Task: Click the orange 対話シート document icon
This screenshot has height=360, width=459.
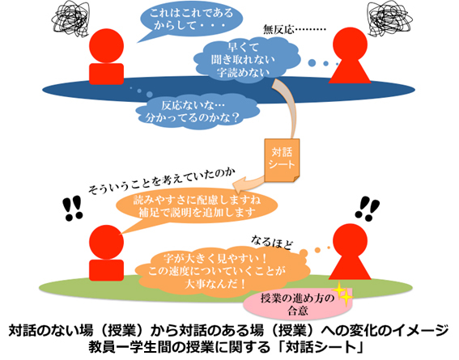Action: click(x=282, y=160)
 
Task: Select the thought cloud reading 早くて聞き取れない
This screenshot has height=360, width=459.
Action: click(x=246, y=59)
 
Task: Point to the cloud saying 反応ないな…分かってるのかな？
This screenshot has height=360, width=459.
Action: click(x=197, y=112)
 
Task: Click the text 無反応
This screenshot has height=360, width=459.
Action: click(x=278, y=30)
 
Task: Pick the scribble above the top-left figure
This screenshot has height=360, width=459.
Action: click(x=70, y=19)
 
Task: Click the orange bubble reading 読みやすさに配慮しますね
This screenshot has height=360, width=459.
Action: click(x=197, y=206)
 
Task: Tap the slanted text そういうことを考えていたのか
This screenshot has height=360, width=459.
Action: click(x=162, y=180)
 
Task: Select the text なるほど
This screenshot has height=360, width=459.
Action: click(x=271, y=243)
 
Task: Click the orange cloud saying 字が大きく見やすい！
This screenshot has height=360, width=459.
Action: click(x=223, y=272)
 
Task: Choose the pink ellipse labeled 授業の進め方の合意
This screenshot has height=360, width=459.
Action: click(x=298, y=304)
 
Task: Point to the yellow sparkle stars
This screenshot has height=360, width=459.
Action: click(x=343, y=294)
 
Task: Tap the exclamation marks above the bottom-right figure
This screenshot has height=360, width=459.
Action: click(x=368, y=209)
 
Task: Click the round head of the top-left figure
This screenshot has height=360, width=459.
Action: click(x=106, y=45)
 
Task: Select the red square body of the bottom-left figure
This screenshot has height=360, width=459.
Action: click(x=106, y=270)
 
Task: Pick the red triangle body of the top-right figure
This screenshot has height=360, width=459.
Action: click(x=350, y=71)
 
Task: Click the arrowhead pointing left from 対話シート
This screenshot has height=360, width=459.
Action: click(x=239, y=184)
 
